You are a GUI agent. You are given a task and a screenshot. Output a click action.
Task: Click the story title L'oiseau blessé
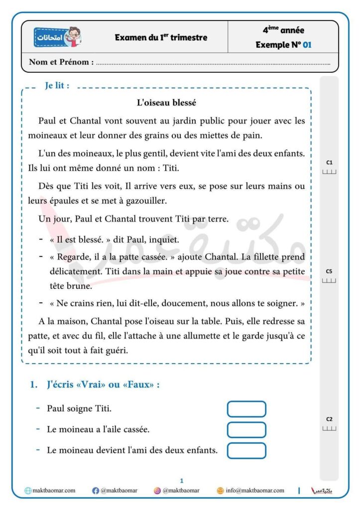click(166, 103)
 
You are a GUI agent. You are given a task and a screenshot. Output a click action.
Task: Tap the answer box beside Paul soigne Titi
click(246, 409)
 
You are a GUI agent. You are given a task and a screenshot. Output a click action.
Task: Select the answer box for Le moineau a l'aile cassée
click(246, 429)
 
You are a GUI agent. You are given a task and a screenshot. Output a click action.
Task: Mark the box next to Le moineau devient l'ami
click(246, 450)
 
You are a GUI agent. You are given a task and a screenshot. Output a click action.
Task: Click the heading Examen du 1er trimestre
click(161, 37)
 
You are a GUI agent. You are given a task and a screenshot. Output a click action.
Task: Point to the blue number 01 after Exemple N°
click(307, 45)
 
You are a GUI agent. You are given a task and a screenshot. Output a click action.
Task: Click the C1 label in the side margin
click(329, 162)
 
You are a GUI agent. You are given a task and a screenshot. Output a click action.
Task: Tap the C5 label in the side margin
click(329, 271)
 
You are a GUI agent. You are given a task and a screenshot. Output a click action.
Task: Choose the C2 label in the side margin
click(329, 419)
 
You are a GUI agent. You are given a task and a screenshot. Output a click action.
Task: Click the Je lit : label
click(57, 86)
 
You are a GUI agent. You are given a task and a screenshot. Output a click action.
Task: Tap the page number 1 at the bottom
click(182, 481)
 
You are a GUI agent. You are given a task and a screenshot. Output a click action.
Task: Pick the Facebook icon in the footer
click(96, 491)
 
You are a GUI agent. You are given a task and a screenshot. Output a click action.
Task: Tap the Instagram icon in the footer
click(157, 491)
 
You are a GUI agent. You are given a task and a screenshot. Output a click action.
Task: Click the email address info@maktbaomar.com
click(254, 491)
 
